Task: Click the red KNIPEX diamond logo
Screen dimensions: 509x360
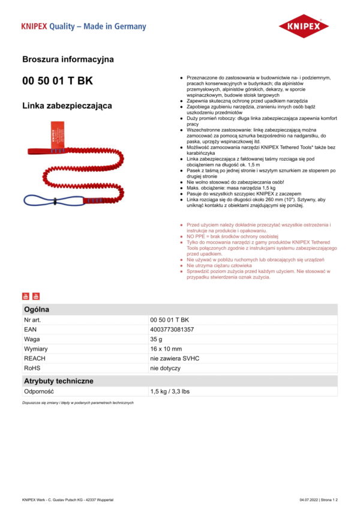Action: [x=304, y=27]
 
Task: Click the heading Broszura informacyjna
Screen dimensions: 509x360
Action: [x=68, y=59]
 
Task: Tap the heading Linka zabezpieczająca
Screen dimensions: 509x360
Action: [x=67, y=106]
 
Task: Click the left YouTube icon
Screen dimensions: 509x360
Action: [x=25, y=296]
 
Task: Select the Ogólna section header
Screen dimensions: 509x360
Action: [x=37, y=309]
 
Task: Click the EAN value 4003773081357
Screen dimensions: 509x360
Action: [x=172, y=330]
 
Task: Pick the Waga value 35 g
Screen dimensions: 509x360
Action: [x=157, y=339]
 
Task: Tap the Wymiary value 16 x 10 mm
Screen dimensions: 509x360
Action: [x=166, y=349]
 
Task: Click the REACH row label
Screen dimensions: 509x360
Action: [x=34, y=358]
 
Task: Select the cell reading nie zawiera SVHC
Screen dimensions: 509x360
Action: [x=175, y=358]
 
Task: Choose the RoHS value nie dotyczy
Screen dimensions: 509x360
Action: [x=165, y=368]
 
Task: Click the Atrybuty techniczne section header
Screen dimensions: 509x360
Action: [x=58, y=381]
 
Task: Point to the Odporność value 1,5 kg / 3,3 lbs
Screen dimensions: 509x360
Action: [x=170, y=391]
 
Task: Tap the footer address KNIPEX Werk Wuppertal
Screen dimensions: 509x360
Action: [x=67, y=499]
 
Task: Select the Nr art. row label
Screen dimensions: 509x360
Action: [x=32, y=320]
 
